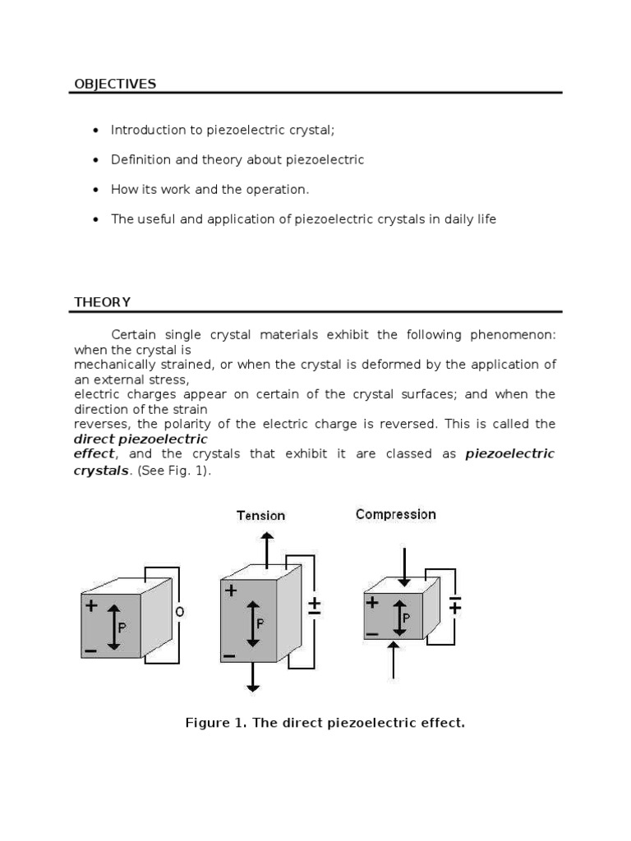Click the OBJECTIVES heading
coord(115,84)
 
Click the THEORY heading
coord(102,302)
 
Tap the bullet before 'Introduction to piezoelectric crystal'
coord(96,131)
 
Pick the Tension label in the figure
coord(260,516)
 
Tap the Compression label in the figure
coord(395,515)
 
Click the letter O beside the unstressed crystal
coord(179,611)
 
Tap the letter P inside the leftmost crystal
coord(122,626)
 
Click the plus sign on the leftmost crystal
coord(90,605)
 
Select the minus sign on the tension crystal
coord(229,655)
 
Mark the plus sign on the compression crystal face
coord(372,602)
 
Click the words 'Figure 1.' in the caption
coord(212,724)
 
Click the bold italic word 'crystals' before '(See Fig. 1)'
coord(101,471)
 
